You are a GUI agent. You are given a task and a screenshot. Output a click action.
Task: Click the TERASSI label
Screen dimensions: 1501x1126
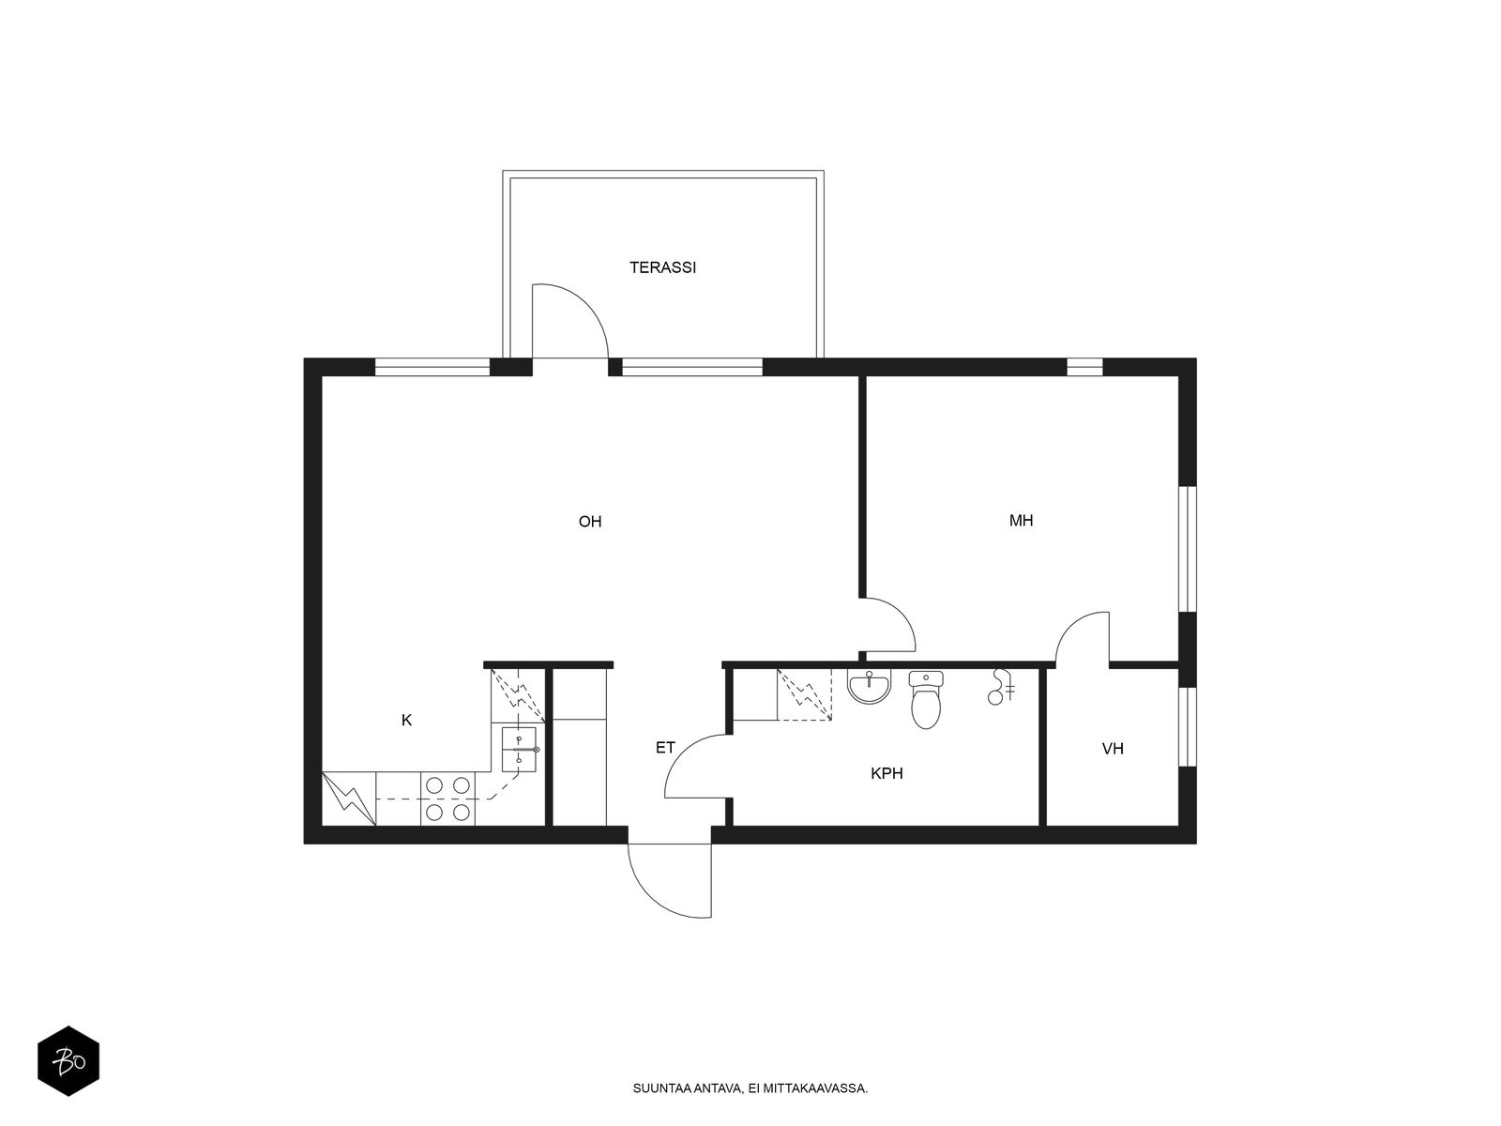(662, 267)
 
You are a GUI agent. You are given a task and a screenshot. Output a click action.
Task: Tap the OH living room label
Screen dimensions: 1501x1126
(589, 522)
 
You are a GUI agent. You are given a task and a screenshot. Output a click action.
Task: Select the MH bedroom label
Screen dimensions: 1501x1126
(1021, 520)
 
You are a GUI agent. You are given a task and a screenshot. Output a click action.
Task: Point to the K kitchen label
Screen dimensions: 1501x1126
(406, 720)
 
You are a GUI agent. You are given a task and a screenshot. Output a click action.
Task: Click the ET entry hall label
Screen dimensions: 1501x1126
(665, 748)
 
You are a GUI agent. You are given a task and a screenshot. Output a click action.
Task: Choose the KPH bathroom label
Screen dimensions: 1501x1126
(887, 773)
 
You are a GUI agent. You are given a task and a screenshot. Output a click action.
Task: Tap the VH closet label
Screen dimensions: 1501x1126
(1113, 749)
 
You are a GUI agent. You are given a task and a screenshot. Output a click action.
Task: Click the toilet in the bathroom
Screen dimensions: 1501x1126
(925, 699)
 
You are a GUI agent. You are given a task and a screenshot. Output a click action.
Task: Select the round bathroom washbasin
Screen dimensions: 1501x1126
(869, 686)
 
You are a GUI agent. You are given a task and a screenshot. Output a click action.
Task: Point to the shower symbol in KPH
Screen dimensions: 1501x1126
(1000, 687)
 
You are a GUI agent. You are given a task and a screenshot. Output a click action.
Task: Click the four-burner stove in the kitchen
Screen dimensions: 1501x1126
(447, 799)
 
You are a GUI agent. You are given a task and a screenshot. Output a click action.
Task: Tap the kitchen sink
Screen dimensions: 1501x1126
(520, 750)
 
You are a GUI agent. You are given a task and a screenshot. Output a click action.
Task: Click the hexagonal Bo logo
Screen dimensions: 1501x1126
(68, 1061)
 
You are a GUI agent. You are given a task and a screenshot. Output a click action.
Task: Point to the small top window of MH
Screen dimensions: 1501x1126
(1084, 367)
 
